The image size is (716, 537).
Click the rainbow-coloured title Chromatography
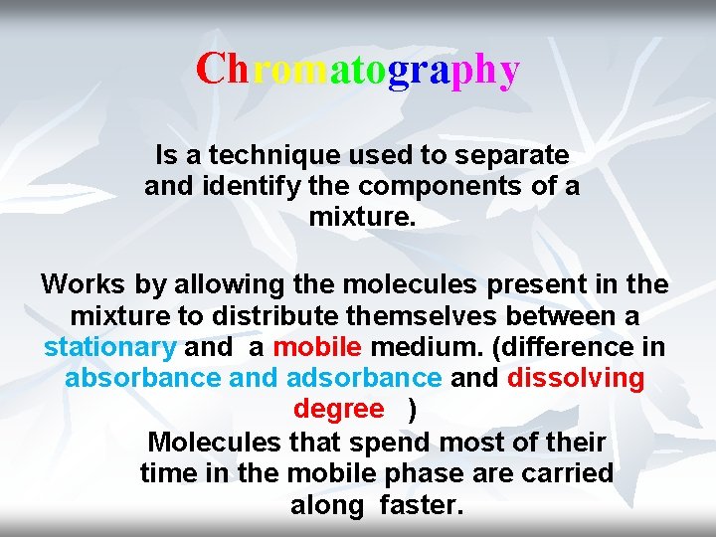[357, 71]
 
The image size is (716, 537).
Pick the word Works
[83, 285]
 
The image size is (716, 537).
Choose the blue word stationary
[109, 348]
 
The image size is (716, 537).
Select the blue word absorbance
[142, 379]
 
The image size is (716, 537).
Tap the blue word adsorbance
[363, 379]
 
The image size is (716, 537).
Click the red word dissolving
[576, 379]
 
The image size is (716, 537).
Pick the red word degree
[338, 410]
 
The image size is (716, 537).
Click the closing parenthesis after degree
[413, 410]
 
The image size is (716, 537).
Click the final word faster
[422, 505]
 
